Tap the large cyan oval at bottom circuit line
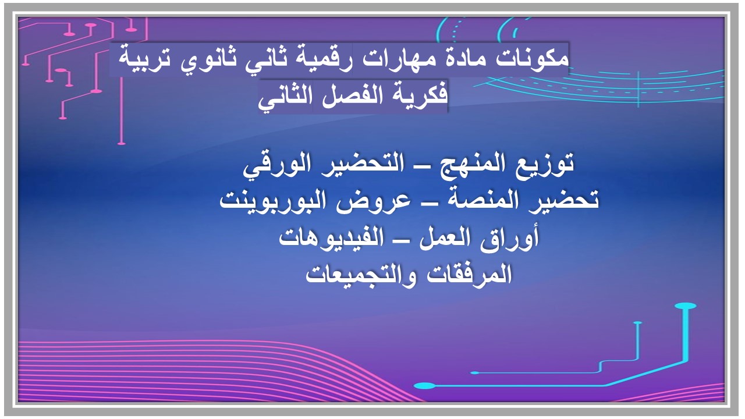click(x=425, y=385)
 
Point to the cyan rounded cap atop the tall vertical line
click(x=686, y=306)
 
